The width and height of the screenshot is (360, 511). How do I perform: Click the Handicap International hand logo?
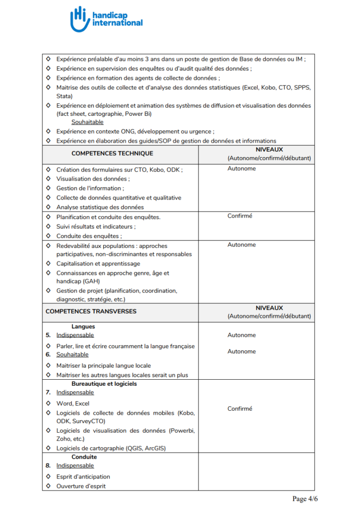point(79,19)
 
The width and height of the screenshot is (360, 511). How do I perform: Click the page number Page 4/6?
point(305,499)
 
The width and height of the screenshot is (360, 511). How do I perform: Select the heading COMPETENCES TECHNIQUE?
point(112,154)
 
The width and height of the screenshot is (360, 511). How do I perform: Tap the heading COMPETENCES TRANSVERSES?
point(91,311)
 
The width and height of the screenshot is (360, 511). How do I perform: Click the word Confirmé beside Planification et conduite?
point(240,216)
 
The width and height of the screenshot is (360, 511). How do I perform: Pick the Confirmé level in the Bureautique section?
point(240,409)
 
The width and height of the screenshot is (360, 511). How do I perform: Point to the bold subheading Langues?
point(83,327)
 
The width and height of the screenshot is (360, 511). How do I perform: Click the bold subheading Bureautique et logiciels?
point(104,384)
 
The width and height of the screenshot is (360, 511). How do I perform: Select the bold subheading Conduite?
point(84,457)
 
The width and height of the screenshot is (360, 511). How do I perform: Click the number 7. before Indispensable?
point(48,393)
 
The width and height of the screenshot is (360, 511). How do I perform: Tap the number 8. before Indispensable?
point(48,466)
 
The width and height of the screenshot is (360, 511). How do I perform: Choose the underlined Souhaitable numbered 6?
point(72,355)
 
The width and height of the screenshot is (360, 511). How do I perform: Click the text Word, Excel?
point(73,403)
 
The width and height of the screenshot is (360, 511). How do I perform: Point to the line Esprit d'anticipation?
point(83,477)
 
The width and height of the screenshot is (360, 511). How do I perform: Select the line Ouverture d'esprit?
point(81,486)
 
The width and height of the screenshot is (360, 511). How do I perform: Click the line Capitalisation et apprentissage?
point(98,263)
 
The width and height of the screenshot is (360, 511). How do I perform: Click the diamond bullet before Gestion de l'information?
point(48,188)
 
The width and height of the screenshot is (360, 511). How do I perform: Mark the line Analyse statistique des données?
point(100,207)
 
